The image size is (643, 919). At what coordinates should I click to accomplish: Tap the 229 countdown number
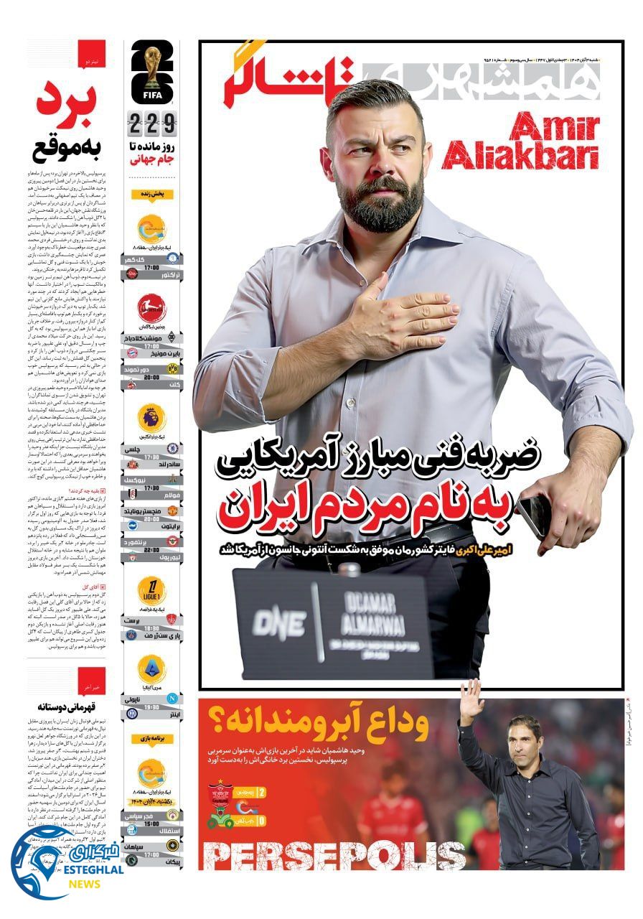(152, 125)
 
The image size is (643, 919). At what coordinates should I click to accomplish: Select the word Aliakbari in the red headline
(520, 156)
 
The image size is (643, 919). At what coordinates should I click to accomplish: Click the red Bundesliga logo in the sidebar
(151, 309)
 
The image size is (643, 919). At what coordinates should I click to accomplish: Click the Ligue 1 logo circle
(151, 590)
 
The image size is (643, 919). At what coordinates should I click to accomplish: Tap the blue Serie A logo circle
(151, 669)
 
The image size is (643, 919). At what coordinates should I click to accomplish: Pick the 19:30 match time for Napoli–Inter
(152, 706)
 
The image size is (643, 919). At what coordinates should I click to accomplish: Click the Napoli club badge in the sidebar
(172, 697)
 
